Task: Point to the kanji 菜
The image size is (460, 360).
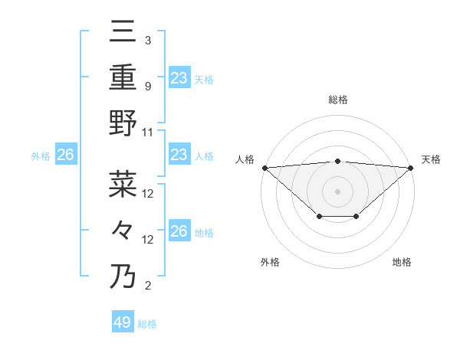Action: tap(123, 184)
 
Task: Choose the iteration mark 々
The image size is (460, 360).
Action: tap(123, 230)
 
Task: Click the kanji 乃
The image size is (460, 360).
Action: tap(123, 276)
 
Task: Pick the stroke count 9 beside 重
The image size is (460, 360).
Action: tap(147, 86)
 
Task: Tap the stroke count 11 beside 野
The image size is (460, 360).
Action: tap(148, 132)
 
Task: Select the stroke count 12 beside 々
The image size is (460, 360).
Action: tap(148, 240)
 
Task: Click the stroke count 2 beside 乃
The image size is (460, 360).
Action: tap(147, 286)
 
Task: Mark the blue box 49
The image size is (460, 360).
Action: tap(123, 322)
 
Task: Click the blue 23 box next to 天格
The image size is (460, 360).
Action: tap(179, 77)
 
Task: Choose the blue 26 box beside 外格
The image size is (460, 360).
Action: tap(65, 155)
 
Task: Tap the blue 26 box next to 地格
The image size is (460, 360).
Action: tap(179, 231)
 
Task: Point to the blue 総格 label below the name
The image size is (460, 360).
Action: tap(147, 324)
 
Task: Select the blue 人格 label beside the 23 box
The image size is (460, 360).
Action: tap(204, 155)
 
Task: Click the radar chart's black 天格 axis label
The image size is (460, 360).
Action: tap(431, 159)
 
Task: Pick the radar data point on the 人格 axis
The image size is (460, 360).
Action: tap(264, 167)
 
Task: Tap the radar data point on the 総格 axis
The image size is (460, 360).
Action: tap(337, 161)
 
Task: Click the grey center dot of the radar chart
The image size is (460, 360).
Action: tap(337, 191)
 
